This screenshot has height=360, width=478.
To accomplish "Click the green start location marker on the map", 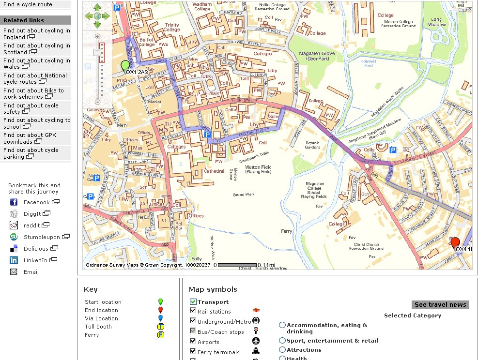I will tap(125, 65).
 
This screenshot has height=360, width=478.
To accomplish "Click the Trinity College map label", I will tap(172, 27).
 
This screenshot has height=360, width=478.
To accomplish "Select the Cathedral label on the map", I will tap(214, 171).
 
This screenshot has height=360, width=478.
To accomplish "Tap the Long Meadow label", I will tap(437, 22).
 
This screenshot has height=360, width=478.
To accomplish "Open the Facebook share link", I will tap(36, 202).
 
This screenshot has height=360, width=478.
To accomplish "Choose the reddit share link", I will tap(31, 225).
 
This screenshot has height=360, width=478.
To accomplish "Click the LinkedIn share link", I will tap(35, 260).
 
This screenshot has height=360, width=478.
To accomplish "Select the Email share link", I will tap(31, 272).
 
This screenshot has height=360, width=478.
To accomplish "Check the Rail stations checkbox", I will tap(193, 311).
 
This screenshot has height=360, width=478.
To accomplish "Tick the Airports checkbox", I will tap(193, 342).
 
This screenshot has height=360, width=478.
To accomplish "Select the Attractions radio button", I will tap(282, 350).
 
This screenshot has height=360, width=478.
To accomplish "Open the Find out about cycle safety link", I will tap(31, 108).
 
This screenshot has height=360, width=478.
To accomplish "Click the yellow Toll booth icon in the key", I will tap(160, 327).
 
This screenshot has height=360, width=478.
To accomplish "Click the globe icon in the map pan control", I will tap(97, 16).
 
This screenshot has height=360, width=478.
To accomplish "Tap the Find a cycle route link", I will tap(28, 4).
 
